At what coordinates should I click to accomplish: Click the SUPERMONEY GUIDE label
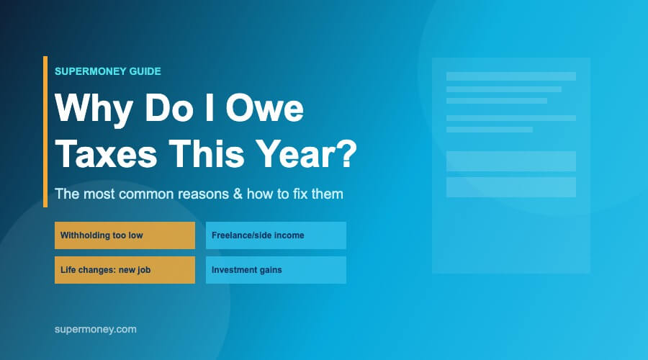[x=108, y=71]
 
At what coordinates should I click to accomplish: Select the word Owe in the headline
[x=264, y=108]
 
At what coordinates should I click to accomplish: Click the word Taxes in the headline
[x=107, y=153]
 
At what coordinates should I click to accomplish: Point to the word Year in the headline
[x=297, y=153]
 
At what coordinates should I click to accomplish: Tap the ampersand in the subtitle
[x=238, y=194]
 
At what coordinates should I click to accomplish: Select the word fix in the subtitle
[x=300, y=194]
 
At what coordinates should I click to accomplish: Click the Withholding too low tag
[x=125, y=235]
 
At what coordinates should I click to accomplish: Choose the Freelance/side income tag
[x=276, y=235]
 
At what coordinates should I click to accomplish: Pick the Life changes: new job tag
[x=125, y=270]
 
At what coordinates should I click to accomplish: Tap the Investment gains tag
[x=276, y=270]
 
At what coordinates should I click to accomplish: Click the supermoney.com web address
[x=96, y=330]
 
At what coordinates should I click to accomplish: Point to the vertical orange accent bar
[x=45, y=132]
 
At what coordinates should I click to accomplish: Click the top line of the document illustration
[x=511, y=76]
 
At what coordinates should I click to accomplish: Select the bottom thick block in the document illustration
[x=511, y=187]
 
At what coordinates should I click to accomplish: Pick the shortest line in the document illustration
[x=490, y=130]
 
